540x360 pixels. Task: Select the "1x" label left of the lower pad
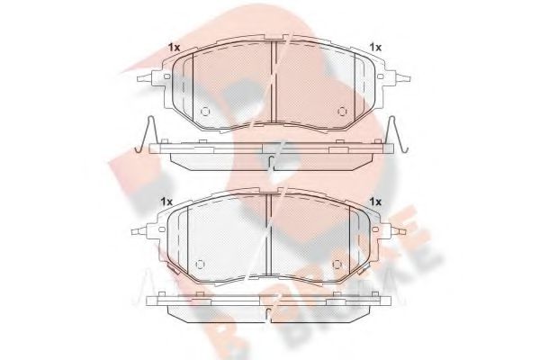(166, 201)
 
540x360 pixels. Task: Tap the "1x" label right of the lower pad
(376, 201)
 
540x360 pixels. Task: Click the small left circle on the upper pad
(204, 112)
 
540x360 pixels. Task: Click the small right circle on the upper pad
(341, 112)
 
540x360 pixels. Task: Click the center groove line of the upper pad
(273, 85)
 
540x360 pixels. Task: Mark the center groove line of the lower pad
(269, 238)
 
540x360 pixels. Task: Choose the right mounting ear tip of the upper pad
(410, 77)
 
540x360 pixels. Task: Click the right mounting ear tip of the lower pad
(407, 231)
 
